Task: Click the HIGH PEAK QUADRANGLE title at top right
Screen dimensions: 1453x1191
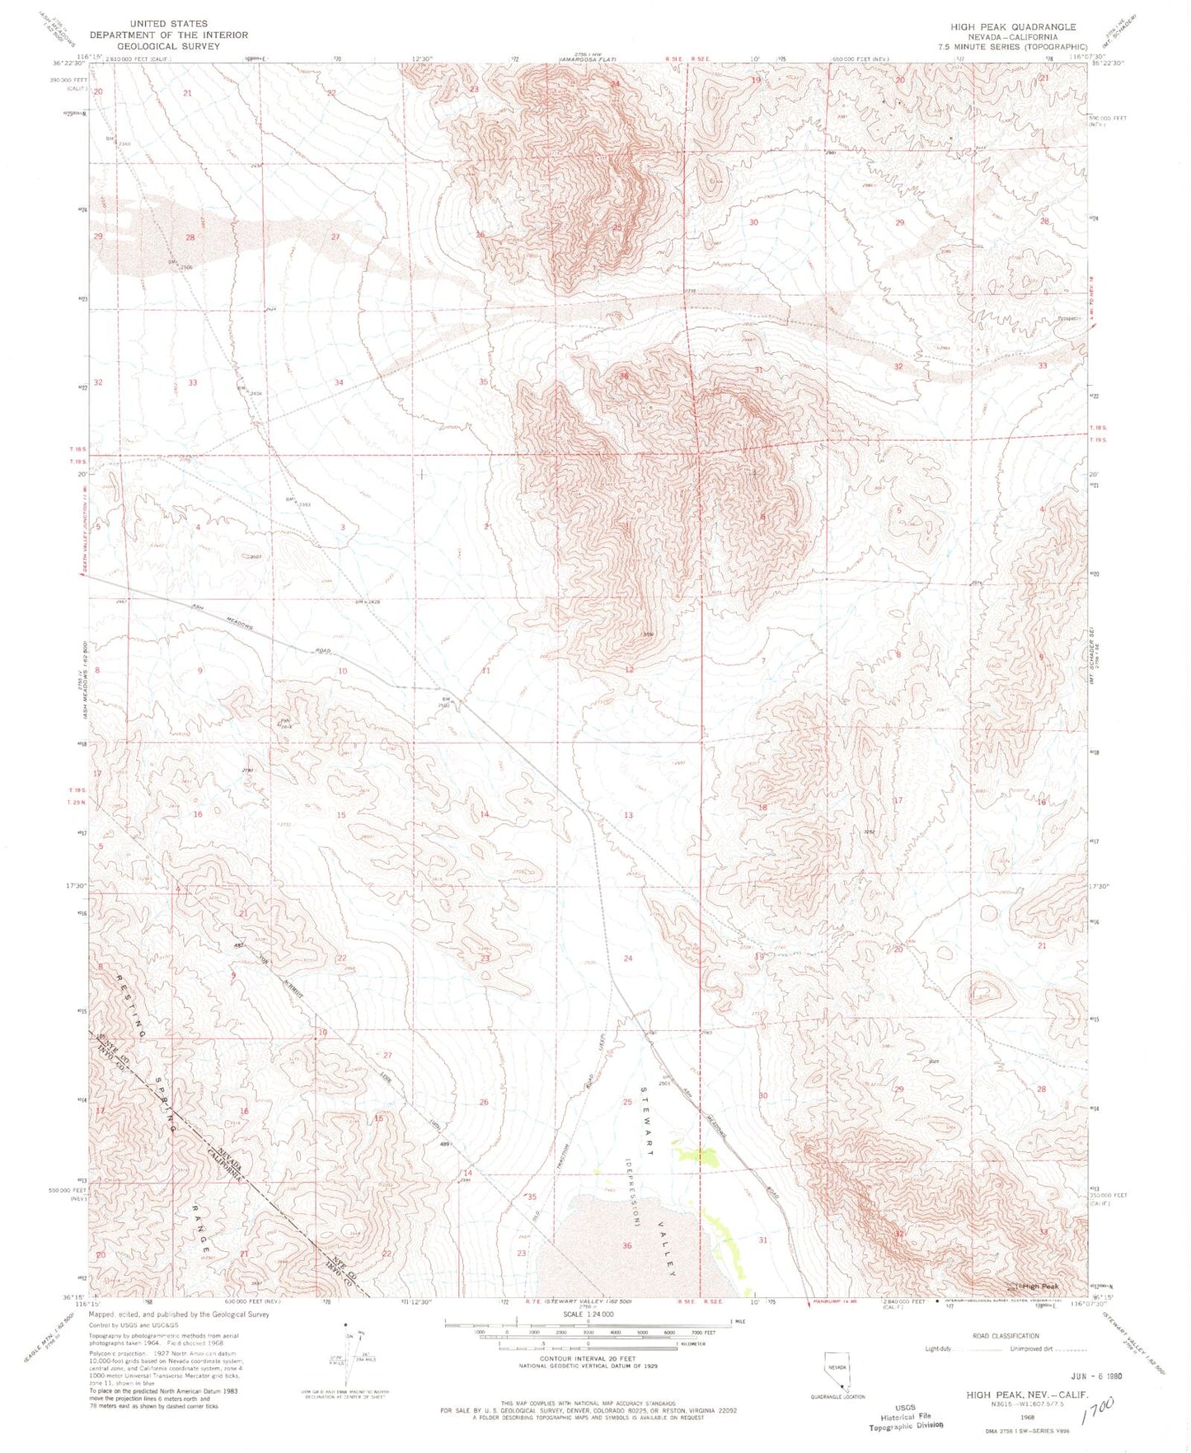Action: [x=1012, y=26]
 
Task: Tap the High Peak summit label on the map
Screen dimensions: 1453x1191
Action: [x=1039, y=1286]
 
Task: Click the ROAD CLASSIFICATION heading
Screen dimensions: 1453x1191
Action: [x=1005, y=1336]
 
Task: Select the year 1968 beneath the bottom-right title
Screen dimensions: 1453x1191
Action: [x=1028, y=1418]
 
